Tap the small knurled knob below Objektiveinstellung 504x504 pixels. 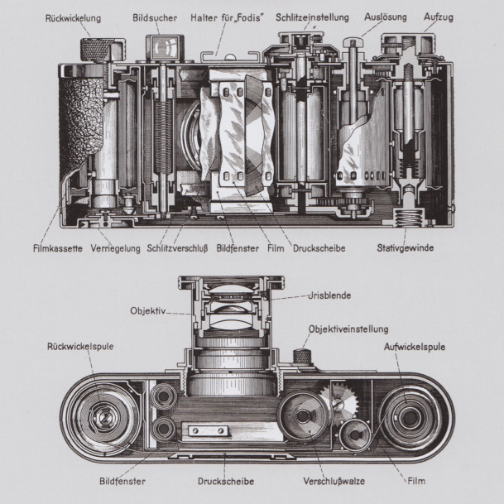[x=303, y=357]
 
